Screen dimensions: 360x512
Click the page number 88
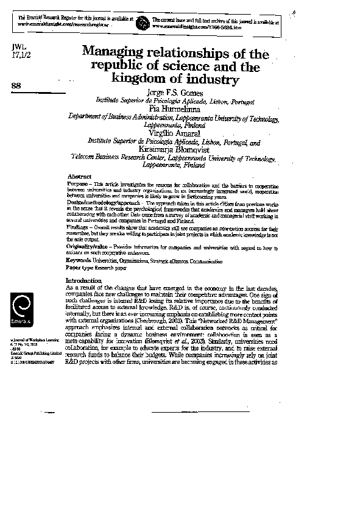coord(17,86)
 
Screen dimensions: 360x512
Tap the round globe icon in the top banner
coord(141,23)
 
